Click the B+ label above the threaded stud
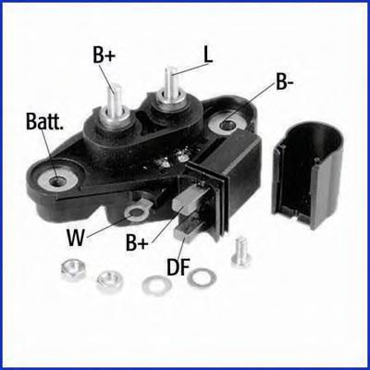tap(104, 55)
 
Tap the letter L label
tap(208, 55)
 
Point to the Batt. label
tap(44, 121)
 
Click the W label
tap(76, 238)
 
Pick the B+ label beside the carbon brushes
tap(137, 241)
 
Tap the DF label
tap(179, 266)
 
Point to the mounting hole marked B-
tap(228, 125)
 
